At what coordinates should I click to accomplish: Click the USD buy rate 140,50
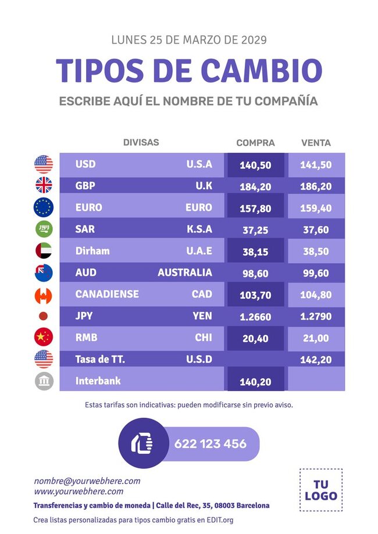pyautogui.click(x=255, y=165)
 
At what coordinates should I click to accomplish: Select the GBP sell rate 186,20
pyautogui.click(x=316, y=187)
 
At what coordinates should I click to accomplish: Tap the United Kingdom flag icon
pyautogui.click(x=44, y=185)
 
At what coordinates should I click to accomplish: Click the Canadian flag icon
pyautogui.click(x=44, y=295)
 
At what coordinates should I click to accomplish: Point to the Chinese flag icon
pyautogui.click(x=44, y=337)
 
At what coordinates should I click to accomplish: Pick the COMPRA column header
pyautogui.click(x=255, y=143)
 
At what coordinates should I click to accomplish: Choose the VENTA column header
pyautogui.click(x=316, y=143)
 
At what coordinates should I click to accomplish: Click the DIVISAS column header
pyautogui.click(x=141, y=142)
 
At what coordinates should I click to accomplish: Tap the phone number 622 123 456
pyautogui.click(x=211, y=444)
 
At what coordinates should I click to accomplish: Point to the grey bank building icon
pyautogui.click(x=44, y=381)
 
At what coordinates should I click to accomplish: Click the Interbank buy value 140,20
pyautogui.click(x=255, y=382)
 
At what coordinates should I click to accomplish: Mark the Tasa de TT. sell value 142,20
pyautogui.click(x=316, y=360)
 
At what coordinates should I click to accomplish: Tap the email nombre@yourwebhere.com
pyautogui.click(x=87, y=481)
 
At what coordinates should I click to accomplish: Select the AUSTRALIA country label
pyautogui.click(x=185, y=273)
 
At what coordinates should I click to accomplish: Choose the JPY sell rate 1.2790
pyautogui.click(x=316, y=317)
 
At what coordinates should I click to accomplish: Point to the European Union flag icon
pyautogui.click(x=44, y=207)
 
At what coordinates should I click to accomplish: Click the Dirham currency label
pyautogui.click(x=92, y=251)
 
